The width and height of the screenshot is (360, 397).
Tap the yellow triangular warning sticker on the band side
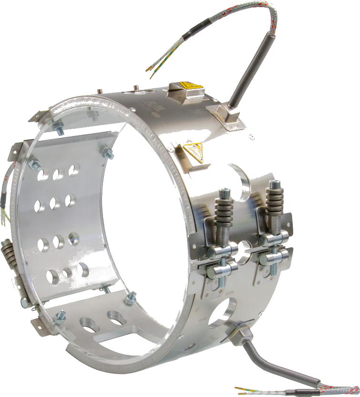click(193, 151)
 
